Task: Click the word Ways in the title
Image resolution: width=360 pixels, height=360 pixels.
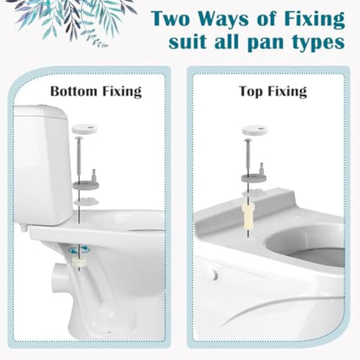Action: point(222,18)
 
